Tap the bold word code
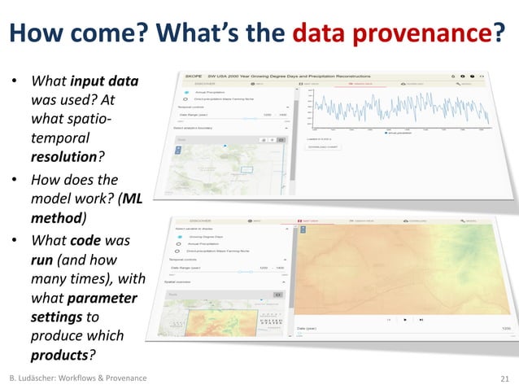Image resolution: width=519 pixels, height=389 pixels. (85, 242)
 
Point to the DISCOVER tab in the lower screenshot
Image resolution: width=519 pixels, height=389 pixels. (200, 221)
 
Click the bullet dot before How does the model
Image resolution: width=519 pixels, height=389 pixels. (14, 181)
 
